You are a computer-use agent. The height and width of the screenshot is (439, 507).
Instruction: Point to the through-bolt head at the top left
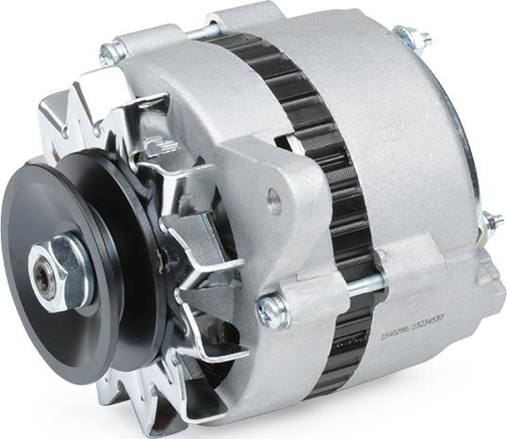pos(114,51)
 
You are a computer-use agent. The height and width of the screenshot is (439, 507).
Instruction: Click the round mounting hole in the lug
pos(274,200)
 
